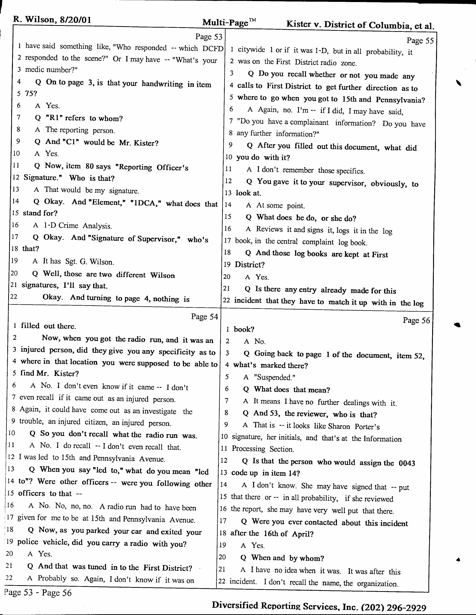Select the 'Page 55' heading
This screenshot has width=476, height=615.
coord(420,41)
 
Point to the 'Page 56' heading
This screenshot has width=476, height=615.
coord(416,321)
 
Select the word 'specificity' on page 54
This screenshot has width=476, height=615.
coord(177,352)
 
